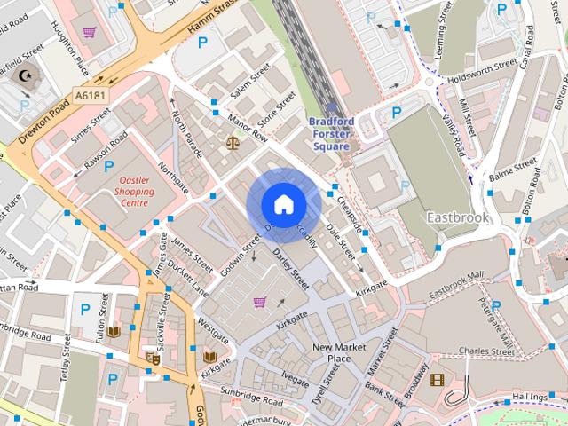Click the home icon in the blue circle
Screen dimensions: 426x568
(x=282, y=205)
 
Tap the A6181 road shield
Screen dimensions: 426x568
(x=90, y=93)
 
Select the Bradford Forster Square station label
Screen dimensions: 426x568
(x=331, y=133)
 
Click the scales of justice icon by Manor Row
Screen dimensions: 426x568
(x=233, y=140)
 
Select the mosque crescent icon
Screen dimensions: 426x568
(x=24, y=76)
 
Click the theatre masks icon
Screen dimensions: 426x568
(x=153, y=359)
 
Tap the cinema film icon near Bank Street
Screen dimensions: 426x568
(x=437, y=380)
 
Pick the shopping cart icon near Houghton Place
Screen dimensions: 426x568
(x=90, y=33)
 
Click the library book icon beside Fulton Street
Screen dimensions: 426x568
(x=114, y=332)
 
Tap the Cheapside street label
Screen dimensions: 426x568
(x=350, y=212)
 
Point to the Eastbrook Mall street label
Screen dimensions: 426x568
(x=456, y=282)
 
